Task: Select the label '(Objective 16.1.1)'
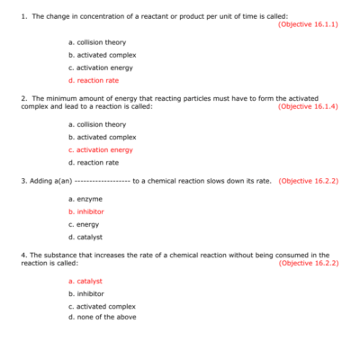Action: point(308,23)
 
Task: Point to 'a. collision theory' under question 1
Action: point(97,42)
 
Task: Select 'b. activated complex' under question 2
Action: point(103,137)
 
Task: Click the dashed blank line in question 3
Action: point(100,181)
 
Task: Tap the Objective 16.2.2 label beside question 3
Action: point(308,181)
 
